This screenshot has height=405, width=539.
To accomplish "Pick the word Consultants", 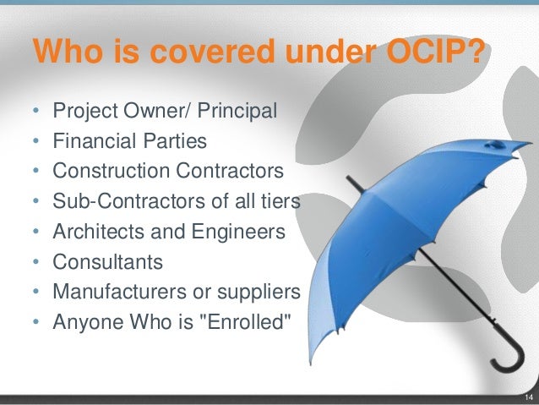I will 106,262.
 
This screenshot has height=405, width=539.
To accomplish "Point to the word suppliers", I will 264,292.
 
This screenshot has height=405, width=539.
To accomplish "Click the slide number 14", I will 528,398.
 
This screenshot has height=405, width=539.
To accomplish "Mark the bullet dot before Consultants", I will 36,263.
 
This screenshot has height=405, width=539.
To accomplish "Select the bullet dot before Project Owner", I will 36,112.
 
